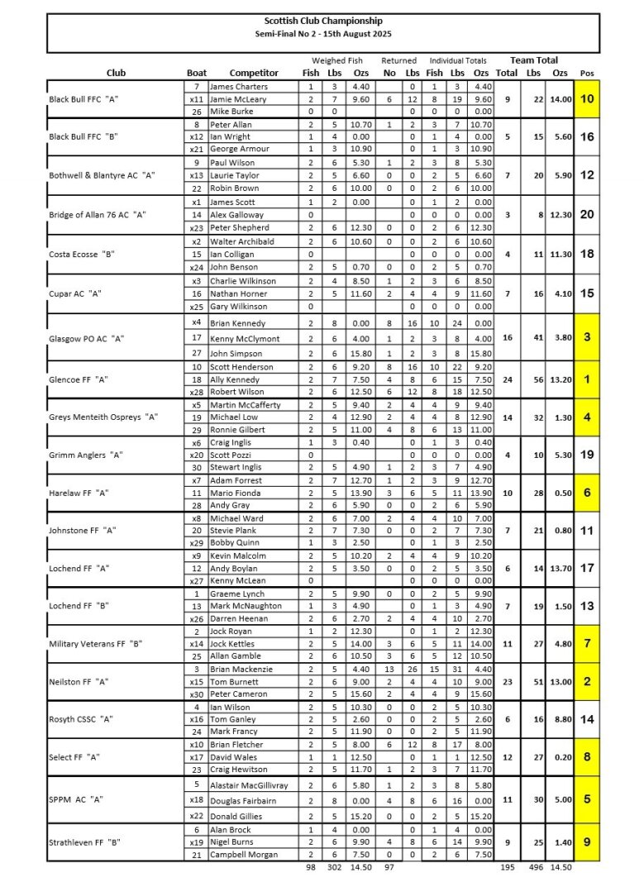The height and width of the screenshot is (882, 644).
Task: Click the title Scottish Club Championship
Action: pos(323,21)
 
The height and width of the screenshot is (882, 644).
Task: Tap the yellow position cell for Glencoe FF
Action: pos(586,379)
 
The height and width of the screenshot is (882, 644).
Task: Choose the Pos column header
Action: pos(586,73)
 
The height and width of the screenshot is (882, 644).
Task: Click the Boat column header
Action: pos(196,73)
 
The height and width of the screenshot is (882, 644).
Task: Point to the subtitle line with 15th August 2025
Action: pos(323,35)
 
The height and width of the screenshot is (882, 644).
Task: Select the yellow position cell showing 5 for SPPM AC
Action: pos(586,799)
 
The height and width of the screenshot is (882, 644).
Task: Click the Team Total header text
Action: pos(533,60)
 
